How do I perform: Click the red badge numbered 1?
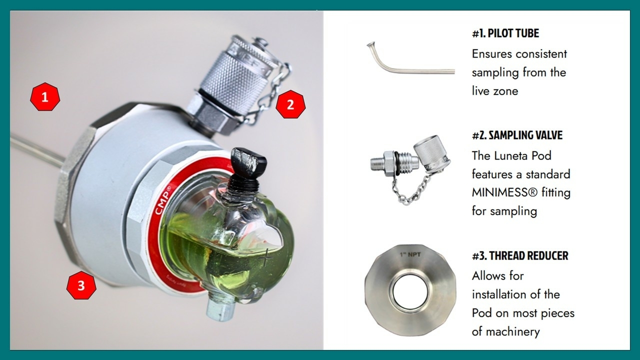[x=45, y=97]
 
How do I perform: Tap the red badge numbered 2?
[x=290, y=104]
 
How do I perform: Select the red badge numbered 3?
[x=81, y=285]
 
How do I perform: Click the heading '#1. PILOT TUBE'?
[x=505, y=33]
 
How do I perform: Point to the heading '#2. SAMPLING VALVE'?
[x=517, y=135]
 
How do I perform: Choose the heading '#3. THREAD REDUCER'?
[x=520, y=255]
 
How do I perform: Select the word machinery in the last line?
[x=513, y=331]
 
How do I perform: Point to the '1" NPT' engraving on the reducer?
[x=410, y=254]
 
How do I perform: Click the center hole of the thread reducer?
[x=410, y=292]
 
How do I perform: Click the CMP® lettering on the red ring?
[x=163, y=200]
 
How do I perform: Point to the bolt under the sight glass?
[x=220, y=308]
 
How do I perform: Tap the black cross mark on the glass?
[x=265, y=257]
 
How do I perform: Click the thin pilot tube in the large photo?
[x=36, y=149]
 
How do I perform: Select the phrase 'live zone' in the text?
[x=495, y=91]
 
